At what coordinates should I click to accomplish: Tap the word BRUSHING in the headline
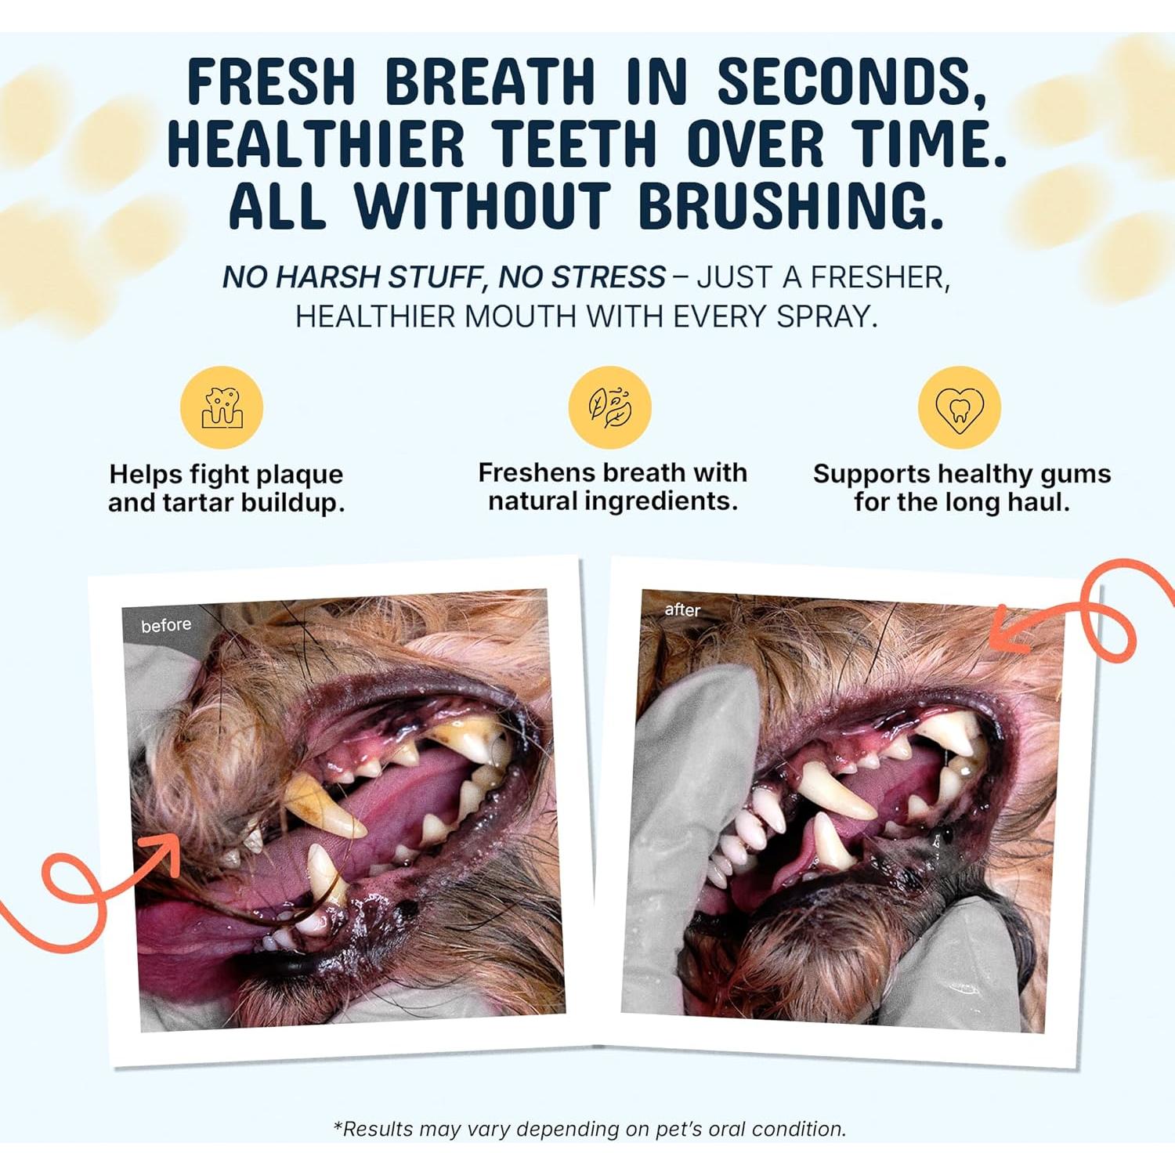791,207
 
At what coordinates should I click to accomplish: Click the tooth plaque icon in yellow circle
222,407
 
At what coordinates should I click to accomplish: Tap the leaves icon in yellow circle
609,407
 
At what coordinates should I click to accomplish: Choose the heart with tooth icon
959,407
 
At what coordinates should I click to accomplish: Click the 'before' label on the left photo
166,625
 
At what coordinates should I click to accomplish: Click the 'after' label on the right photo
681,609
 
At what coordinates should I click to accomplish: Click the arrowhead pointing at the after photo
1007,631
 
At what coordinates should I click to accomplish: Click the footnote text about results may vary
589,1129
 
